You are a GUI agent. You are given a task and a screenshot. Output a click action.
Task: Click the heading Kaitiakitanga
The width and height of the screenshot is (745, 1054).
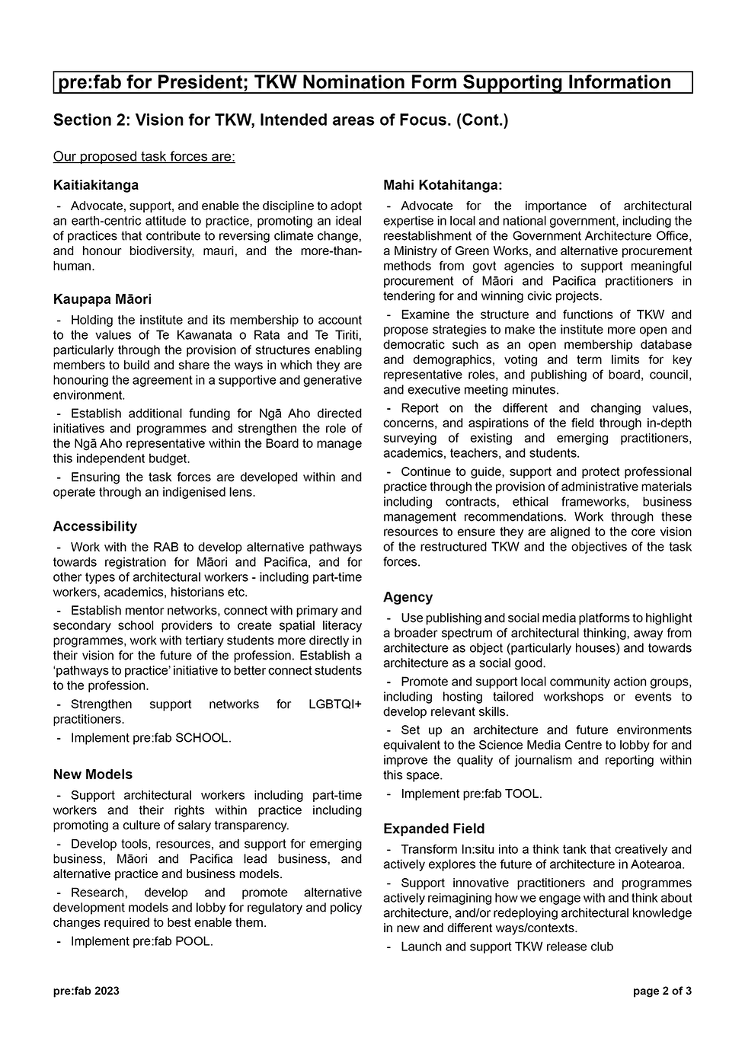tap(96, 185)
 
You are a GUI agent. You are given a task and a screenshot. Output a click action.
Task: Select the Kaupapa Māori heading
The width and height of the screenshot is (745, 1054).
tap(102, 299)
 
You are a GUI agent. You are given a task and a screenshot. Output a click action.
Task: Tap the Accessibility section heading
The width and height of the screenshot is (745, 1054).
tap(95, 526)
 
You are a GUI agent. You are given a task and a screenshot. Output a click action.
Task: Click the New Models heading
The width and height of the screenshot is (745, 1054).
tap(93, 775)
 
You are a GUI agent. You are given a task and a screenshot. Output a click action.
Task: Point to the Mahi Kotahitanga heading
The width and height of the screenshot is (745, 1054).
tap(443, 185)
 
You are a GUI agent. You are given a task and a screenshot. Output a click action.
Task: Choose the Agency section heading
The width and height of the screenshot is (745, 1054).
tap(408, 597)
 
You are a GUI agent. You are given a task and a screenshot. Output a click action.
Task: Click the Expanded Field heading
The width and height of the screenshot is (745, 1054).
tap(433, 829)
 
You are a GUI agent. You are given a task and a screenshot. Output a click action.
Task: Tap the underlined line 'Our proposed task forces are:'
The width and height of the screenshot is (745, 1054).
tap(144, 157)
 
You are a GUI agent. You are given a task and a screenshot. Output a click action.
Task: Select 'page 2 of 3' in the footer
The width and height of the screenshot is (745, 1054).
tap(662, 991)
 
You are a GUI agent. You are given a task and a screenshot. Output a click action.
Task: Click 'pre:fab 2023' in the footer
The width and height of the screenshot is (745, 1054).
tap(86, 991)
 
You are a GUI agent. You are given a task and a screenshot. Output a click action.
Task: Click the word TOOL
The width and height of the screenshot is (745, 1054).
tap(523, 794)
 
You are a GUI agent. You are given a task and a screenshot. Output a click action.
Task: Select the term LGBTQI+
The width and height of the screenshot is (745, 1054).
tap(335, 704)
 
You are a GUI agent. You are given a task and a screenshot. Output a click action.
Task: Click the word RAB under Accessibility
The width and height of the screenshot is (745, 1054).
tap(165, 547)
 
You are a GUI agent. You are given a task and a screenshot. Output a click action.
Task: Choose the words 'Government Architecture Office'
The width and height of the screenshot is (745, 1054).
tap(603, 236)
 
